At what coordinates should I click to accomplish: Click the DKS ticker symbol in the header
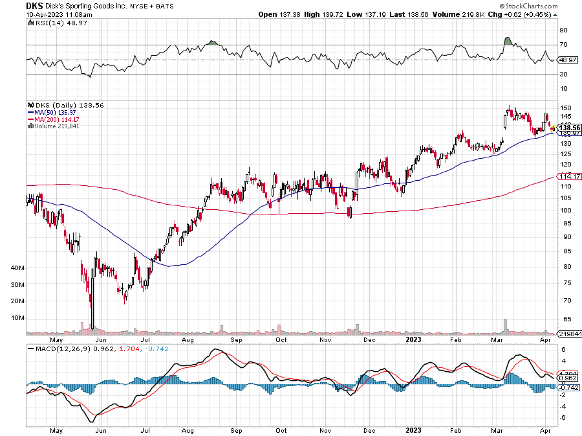click(x=34, y=5)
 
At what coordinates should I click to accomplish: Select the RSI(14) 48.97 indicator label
click(x=51, y=23)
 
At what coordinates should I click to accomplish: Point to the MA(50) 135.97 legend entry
click(x=56, y=111)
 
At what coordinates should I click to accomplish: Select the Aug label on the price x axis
click(x=189, y=339)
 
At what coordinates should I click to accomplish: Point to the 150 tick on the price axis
click(x=564, y=108)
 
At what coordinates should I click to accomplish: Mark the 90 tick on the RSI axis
click(x=563, y=30)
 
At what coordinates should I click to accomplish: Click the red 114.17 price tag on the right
click(x=567, y=176)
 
